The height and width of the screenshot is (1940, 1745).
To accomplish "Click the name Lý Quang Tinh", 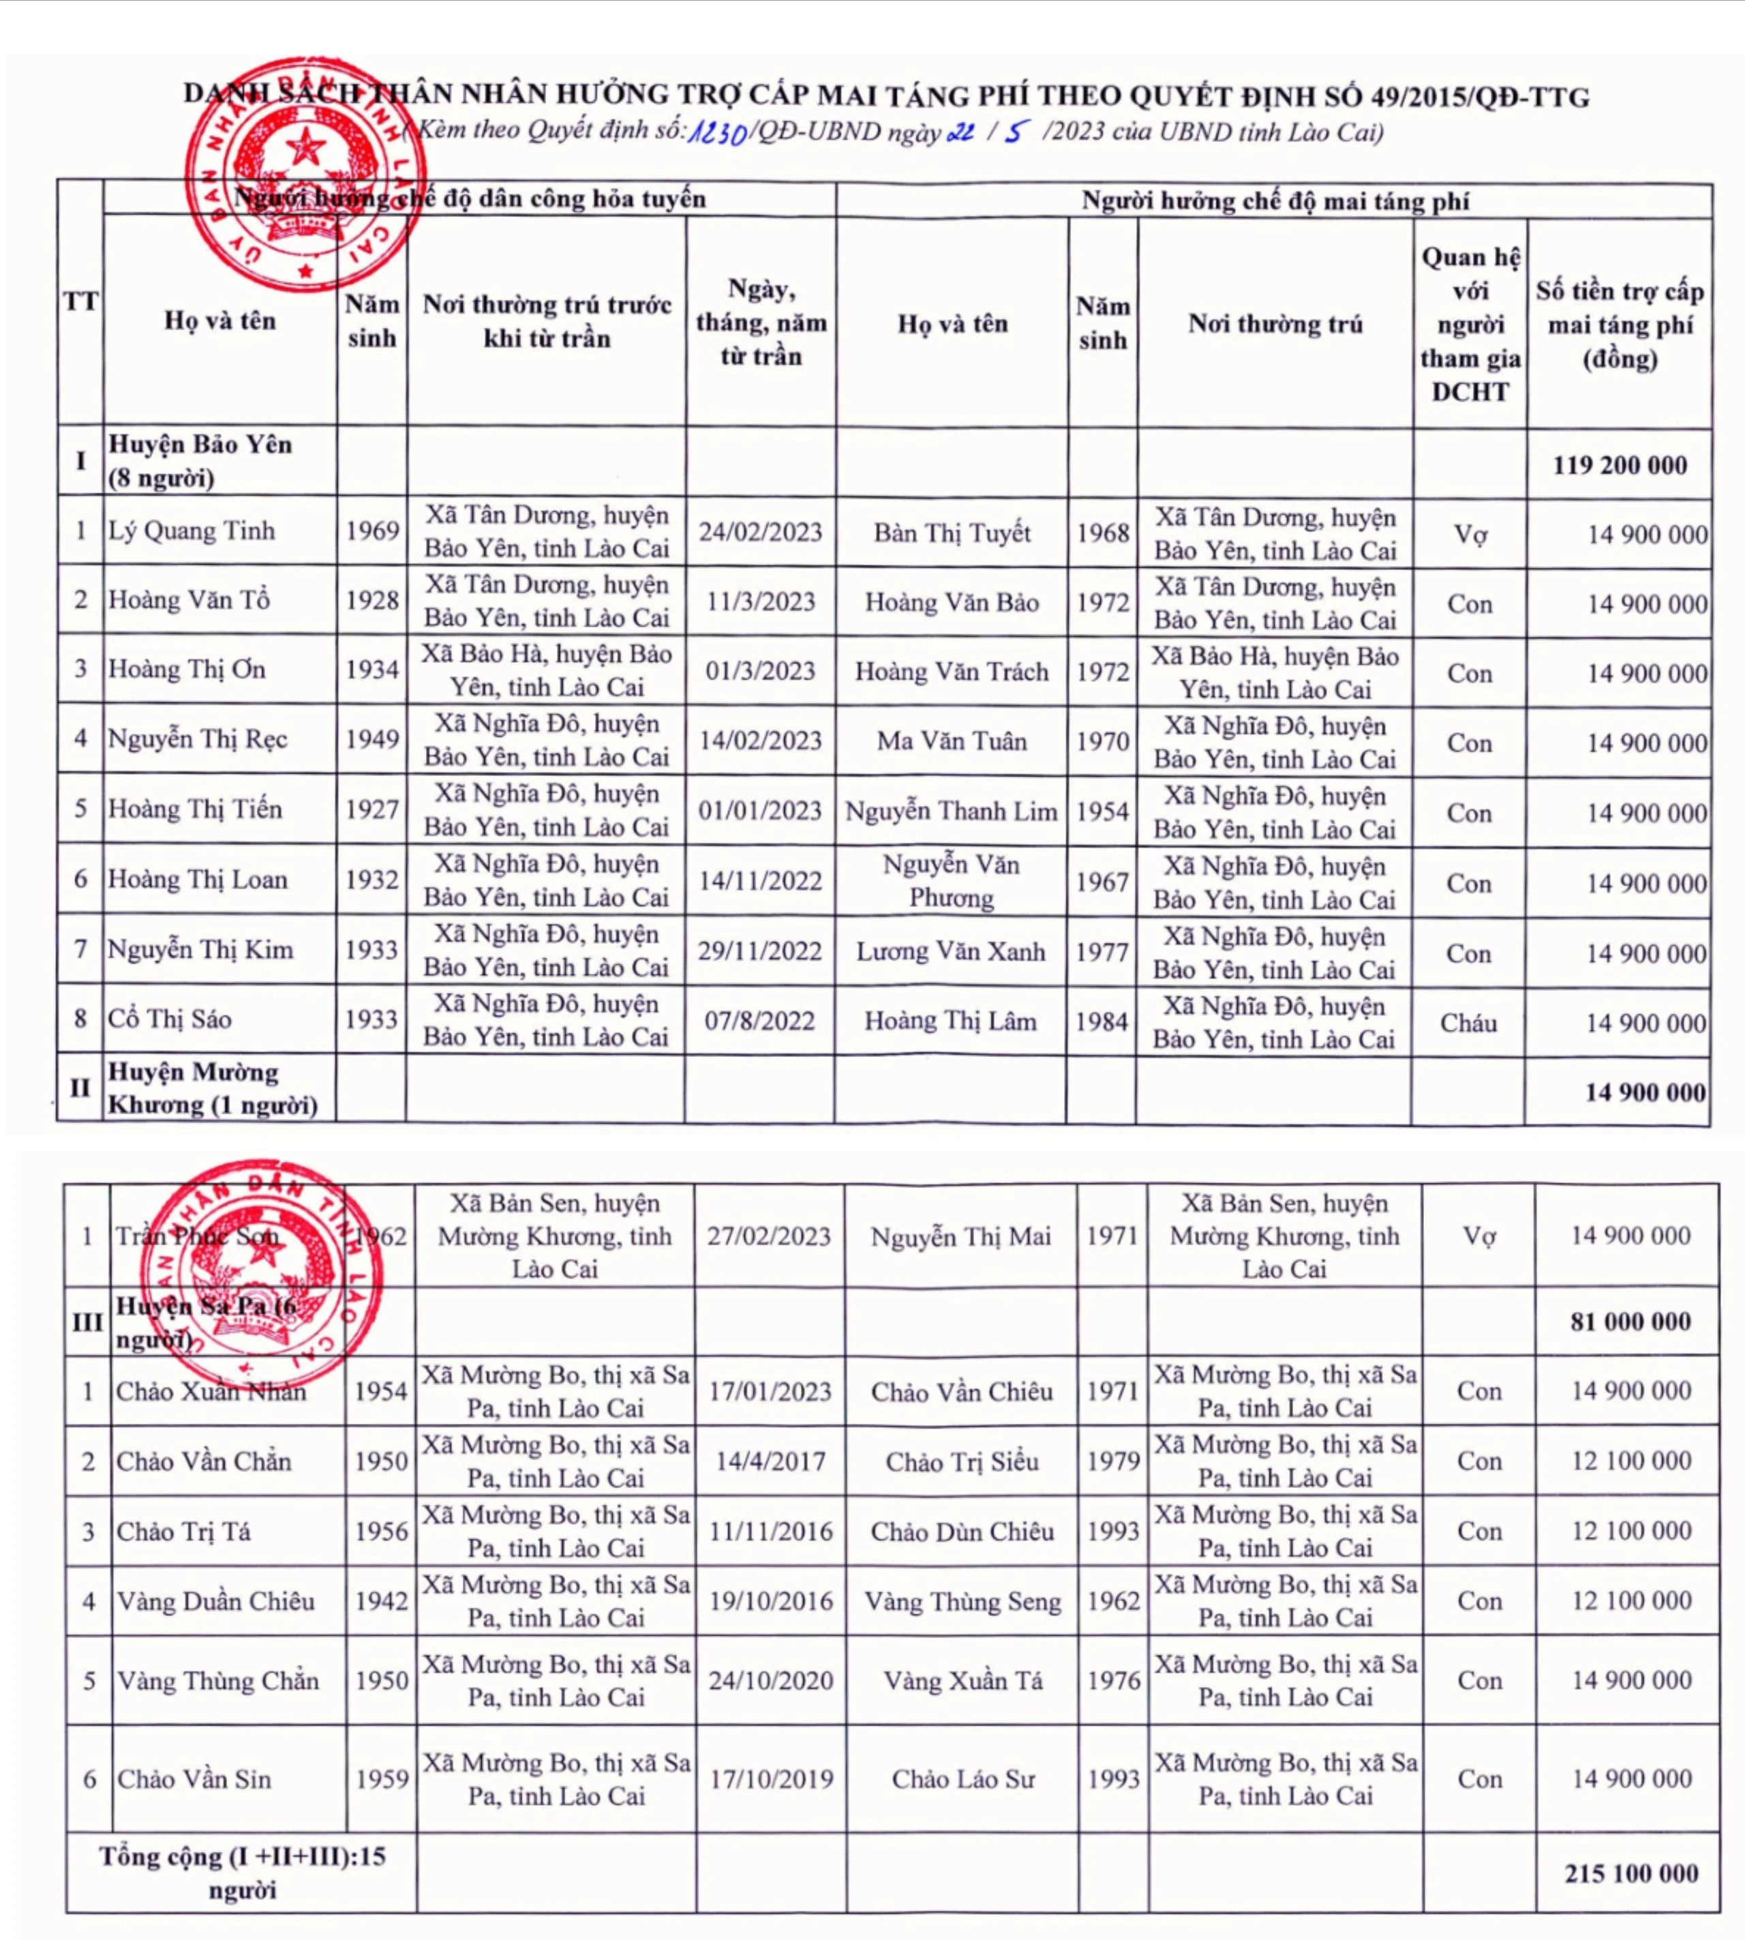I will (x=191, y=531).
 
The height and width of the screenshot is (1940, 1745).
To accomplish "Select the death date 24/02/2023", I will (x=759, y=533).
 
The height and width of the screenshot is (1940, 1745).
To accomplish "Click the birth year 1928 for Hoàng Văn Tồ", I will (x=372, y=600).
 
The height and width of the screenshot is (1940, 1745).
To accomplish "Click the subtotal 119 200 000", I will (x=1620, y=465).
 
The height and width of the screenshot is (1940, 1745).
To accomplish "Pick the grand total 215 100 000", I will (x=1631, y=1873).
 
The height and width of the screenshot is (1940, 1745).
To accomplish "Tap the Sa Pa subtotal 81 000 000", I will (x=1630, y=1322).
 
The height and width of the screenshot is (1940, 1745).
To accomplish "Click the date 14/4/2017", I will (x=770, y=1461).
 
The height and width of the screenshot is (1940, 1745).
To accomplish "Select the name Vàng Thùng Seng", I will (x=962, y=1602).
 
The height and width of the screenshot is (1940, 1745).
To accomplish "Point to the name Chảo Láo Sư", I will (x=962, y=1780).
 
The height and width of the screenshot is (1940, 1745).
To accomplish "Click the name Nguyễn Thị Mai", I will (x=960, y=1237).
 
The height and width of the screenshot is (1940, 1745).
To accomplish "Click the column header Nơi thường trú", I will (x=1275, y=324).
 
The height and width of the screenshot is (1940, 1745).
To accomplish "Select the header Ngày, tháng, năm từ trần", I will (x=760, y=323).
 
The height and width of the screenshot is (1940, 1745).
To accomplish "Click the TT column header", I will (x=80, y=302).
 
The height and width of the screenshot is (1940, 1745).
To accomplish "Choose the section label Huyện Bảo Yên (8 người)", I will (x=200, y=461).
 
